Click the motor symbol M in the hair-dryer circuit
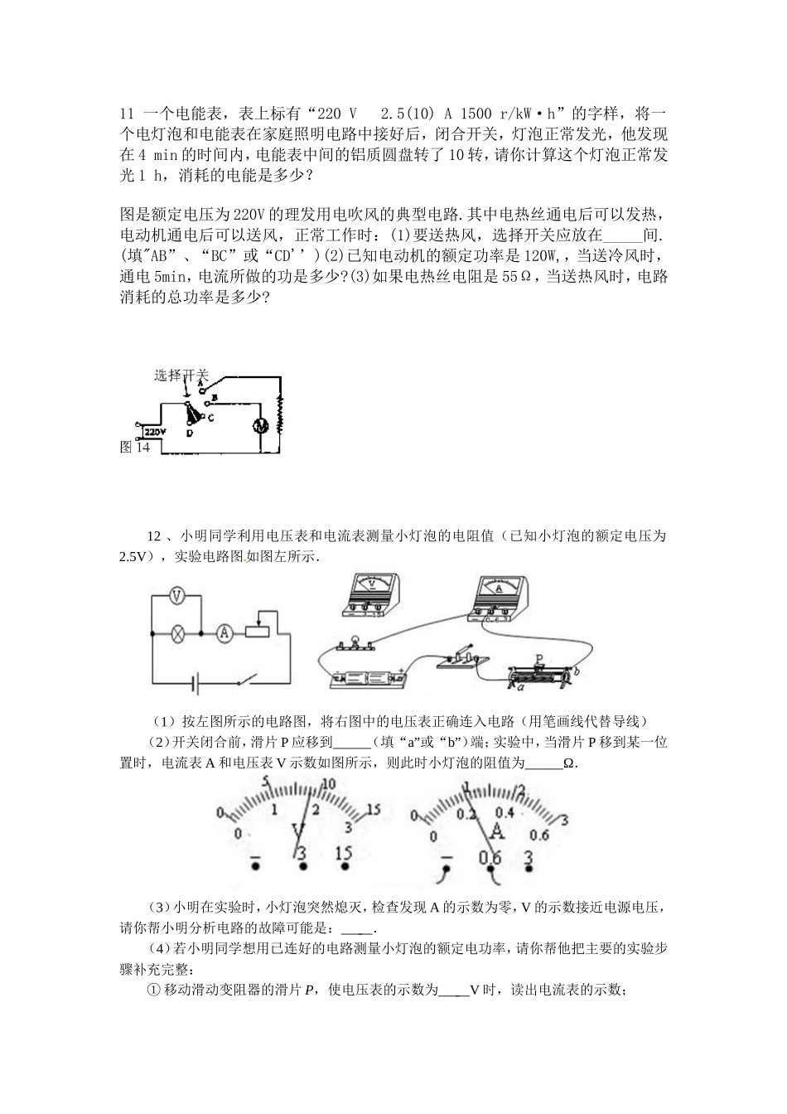coord(258,424)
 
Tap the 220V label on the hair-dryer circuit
coord(155,432)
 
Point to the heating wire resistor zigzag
coord(280,409)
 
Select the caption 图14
coord(135,447)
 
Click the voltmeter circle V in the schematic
coord(176,596)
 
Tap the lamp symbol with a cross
coord(176,633)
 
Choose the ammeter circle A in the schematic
coord(223,633)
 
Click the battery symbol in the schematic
coord(196,684)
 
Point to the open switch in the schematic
coord(245,681)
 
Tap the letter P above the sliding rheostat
coord(539,660)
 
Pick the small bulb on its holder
coord(355,642)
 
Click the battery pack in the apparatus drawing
coord(367,679)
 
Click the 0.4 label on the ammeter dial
coord(505,812)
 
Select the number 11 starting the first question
coord(127,114)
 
